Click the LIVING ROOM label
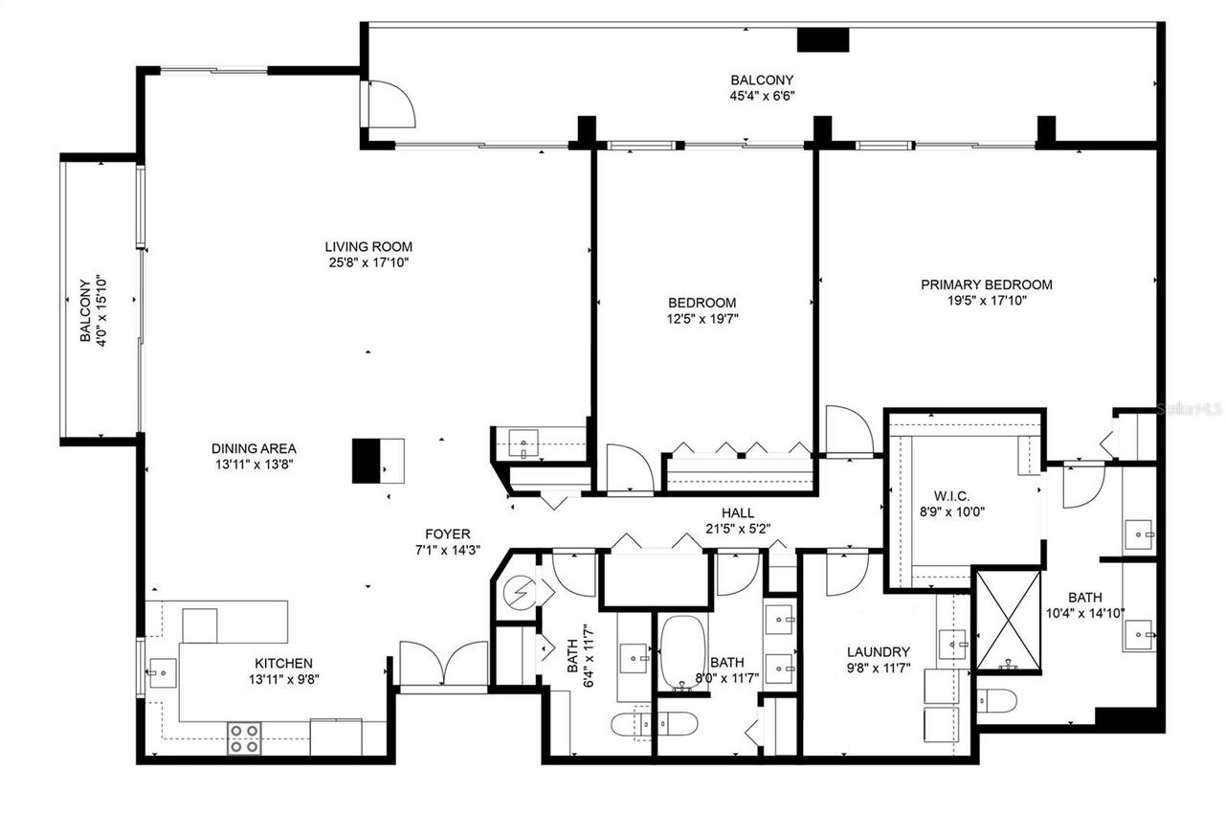(368, 246)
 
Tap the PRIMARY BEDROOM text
(986, 284)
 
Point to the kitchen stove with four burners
(244, 738)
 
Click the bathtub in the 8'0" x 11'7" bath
(681, 651)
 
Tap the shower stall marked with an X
(1006, 619)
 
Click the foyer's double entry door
(443, 664)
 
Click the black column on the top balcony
(823, 40)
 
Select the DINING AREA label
(254, 447)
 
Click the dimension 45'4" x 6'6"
(762, 95)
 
